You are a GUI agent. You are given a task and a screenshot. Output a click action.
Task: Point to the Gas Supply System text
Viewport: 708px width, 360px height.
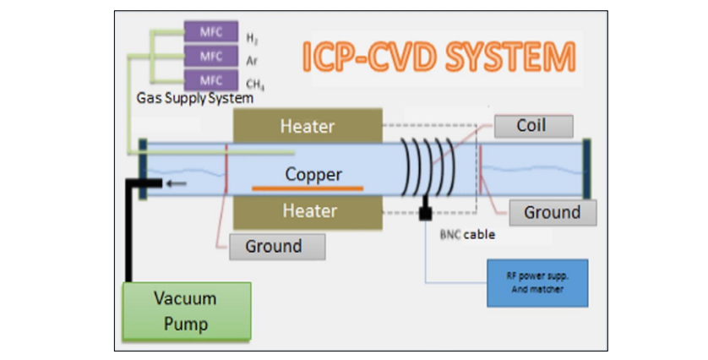pos(194,98)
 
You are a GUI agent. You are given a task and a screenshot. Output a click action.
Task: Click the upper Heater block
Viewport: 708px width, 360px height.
pos(308,127)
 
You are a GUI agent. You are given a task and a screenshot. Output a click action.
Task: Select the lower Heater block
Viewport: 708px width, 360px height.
pos(308,210)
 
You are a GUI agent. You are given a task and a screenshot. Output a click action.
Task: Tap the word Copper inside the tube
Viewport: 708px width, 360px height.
pos(313,175)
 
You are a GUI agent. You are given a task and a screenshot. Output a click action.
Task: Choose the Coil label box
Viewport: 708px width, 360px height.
pos(531,126)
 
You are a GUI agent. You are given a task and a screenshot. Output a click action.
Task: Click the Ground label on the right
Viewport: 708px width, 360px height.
pos(553,212)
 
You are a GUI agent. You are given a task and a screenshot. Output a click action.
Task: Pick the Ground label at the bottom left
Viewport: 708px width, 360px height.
pos(273,247)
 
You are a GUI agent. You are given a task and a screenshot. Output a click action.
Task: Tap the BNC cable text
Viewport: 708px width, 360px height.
pos(468,234)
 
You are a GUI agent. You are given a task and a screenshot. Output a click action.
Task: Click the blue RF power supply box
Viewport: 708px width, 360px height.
pos(536,283)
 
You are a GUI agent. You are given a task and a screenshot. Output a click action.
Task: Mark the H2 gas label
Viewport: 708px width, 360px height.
pos(252,38)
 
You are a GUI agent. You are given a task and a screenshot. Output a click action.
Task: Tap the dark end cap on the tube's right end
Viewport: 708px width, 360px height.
pos(586,168)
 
